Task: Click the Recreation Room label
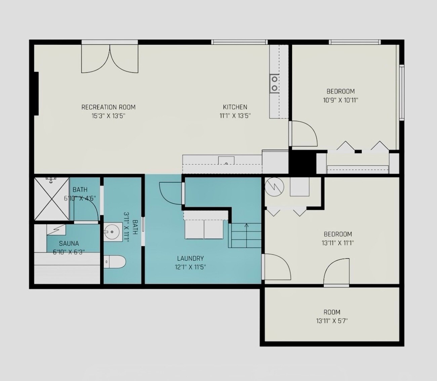click(x=109, y=107)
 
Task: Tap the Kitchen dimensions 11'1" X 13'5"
click(x=235, y=116)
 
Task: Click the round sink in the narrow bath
click(x=113, y=232)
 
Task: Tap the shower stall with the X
click(x=52, y=199)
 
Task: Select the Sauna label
click(x=69, y=243)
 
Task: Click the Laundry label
click(x=190, y=258)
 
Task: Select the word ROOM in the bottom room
click(x=332, y=312)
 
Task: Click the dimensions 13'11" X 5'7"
click(x=332, y=321)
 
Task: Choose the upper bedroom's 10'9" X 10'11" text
click(x=341, y=100)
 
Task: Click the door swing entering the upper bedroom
click(x=303, y=134)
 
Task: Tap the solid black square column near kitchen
click(x=302, y=162)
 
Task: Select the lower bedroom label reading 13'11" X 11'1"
click(x=338, y=243)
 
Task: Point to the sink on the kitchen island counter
click(x=226, y=161)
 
